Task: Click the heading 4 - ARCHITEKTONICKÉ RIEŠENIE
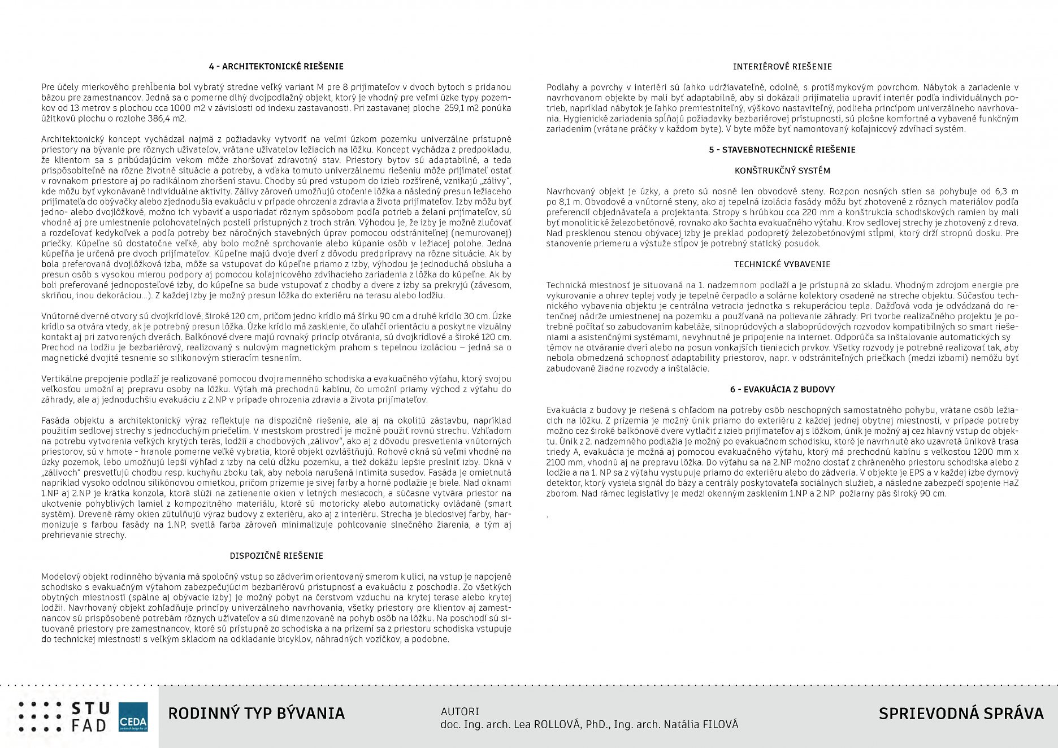(276, 67)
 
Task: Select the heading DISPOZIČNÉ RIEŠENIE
(276, 556)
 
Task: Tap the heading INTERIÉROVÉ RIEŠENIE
(782, 67)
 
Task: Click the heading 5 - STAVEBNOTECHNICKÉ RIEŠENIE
(782, 150)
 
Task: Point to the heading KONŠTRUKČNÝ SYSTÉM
(782, 171)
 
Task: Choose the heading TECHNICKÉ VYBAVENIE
(782, 264)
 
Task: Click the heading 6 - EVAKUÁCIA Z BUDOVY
(782, 390)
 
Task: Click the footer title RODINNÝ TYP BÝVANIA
(256, 714)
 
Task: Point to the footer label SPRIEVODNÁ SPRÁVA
(961, 714)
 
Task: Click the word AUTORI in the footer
(459, 712)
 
